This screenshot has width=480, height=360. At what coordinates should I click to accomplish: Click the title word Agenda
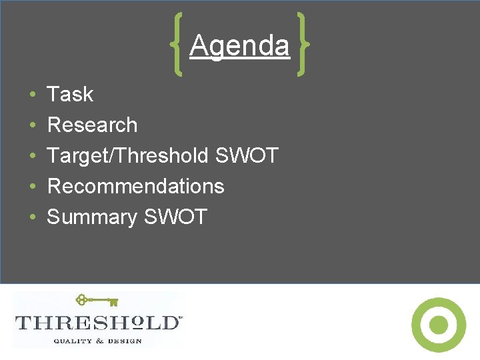[x=239, y=47]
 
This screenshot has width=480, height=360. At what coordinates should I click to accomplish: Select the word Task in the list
[x=70, y=95]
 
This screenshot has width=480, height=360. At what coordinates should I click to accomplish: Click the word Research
[x=92, y=125]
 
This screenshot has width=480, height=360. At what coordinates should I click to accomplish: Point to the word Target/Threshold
[x=128, y=156]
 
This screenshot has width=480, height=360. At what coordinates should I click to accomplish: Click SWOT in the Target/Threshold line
[x=247, y=156]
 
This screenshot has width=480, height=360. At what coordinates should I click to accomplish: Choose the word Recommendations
[x=136, y=186]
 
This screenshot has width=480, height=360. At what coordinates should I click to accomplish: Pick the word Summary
[x=91, y=217]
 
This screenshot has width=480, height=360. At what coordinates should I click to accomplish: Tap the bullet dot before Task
[x=33, y=95]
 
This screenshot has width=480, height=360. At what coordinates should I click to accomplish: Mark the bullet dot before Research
[x=33, y=126]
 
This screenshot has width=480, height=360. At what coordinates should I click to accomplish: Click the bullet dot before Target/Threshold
[x=33, y=157]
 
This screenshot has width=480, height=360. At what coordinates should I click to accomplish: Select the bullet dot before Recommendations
[x=33, y=187]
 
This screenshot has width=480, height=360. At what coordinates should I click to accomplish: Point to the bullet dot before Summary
[x=33, y=217]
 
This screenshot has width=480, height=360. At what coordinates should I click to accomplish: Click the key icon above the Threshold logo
[x=97, y=301]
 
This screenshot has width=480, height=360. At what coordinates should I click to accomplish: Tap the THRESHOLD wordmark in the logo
[x=97, y=323]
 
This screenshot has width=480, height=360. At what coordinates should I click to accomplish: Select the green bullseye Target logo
[x=439, y=325]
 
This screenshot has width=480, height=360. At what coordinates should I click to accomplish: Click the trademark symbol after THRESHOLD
[x=181, y=318]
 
